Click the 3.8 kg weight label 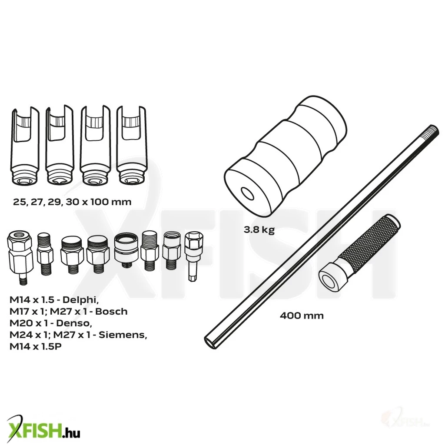tap(259, 230)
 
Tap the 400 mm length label tap(302, 315)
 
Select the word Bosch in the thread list tap(111, 312)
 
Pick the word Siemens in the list tap(123, 335)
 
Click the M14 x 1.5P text tap(36, 346)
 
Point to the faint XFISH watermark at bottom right tap(406, 421)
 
